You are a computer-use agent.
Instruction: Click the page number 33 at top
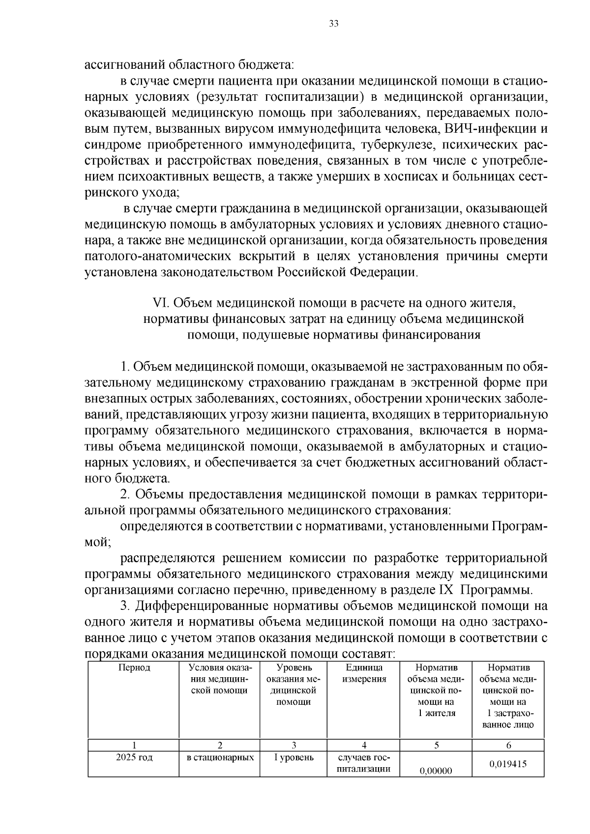click(x=334, y=25)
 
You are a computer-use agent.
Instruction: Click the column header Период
click(x=133, y=668)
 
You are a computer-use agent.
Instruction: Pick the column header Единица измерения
click(x=364, y=673)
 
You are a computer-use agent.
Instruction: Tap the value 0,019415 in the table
click(x=508, y=764)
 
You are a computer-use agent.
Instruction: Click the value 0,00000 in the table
click(x=436, y=771)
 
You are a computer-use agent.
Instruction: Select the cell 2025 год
click(x=133, y=757)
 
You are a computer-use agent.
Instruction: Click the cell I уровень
click(x=294, y=757)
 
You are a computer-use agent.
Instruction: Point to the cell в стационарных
click(x=220, y=757)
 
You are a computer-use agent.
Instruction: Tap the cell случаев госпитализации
click(x=364, y=763)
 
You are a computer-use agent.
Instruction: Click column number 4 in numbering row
click(x=364, y=746)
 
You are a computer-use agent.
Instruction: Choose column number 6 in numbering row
click(x=508, y=746)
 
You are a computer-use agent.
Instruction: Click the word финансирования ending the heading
click(x=427, y=335)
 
